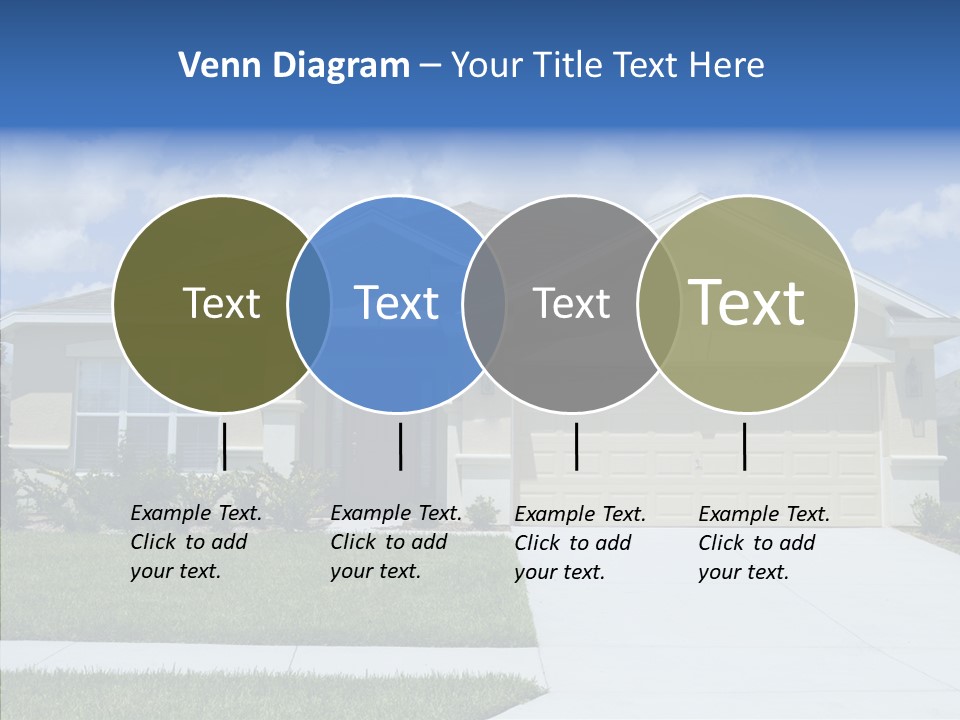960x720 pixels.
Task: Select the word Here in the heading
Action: coord(726,66)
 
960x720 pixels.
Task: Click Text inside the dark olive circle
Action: coord(221,303)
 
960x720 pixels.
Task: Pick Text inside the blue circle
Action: coord(396,303)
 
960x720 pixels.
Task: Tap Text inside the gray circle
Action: coord(571,303)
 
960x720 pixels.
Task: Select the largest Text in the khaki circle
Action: coord(747,303)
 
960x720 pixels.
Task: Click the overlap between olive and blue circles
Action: coord(309,304)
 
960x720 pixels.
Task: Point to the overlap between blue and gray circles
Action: coord(484,304)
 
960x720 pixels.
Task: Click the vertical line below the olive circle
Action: coord(224,446)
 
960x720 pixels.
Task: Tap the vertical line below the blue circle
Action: coord(400,446)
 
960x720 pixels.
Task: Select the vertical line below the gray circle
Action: coord(576,446)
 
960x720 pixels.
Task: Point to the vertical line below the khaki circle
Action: coord(744,446)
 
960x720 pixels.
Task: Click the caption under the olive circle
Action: coord(195,542)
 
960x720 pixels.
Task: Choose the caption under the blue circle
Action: coord(395,542)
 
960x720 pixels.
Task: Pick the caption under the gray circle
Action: coord(579,543)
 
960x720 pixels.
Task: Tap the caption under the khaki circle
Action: coord(763,543)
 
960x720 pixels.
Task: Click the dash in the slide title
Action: coord(430,67)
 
